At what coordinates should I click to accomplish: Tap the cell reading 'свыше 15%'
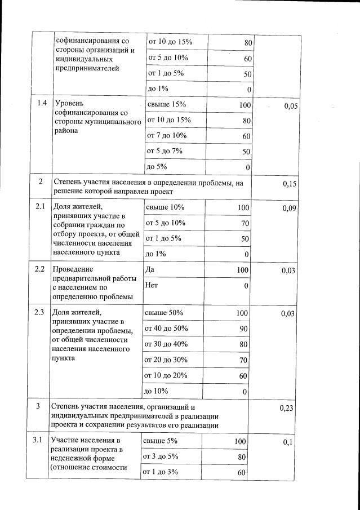point(166,105)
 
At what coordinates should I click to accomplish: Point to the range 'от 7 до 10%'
point(167,136)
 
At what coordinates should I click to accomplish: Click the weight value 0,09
point(289,209)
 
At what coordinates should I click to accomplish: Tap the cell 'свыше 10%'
point(165,207)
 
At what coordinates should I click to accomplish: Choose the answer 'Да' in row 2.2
point(150,270)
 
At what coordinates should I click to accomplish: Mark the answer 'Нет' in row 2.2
point(152,285)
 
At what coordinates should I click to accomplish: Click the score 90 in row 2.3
point(242,329)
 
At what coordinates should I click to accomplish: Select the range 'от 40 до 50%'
point(167,328)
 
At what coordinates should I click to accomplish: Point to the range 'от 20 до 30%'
point(167,360)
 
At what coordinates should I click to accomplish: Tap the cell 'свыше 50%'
point(164,313)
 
